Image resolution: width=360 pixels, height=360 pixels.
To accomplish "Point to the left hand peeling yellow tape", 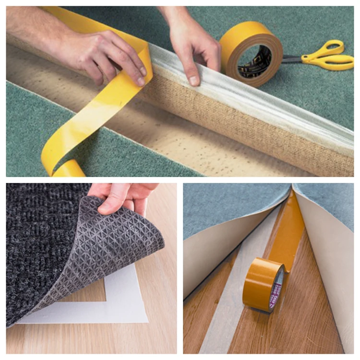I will point(101,53).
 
